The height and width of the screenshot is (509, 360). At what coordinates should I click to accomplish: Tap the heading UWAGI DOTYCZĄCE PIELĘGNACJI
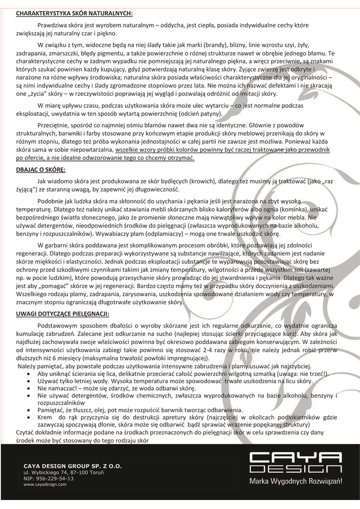pyautogui.click(x=62, y=314)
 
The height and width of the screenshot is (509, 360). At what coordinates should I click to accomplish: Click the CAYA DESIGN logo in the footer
pyautogui.click(x=295, y=462)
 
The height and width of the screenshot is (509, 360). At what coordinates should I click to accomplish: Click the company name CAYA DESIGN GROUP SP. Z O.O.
pyautogui.click(x=72, y=466)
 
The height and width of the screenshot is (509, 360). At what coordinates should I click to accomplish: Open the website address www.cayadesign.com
pyautogui.click(x=45, y=484)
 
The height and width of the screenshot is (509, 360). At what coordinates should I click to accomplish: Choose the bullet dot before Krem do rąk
pyautogui.click(x=31, y=419)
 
